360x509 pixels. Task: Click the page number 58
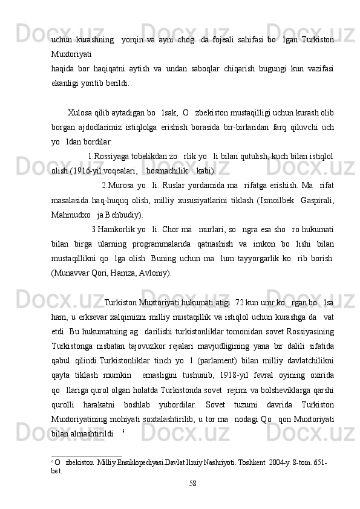click(193, 482)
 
